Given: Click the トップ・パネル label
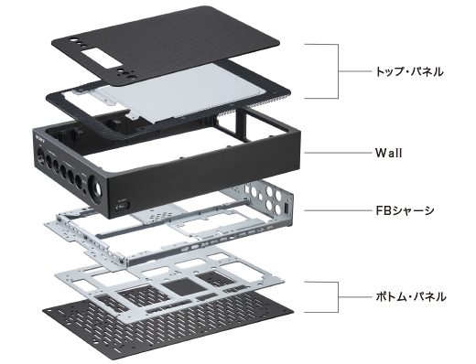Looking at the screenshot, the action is coord(409,71).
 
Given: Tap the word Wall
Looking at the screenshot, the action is coord(388,153).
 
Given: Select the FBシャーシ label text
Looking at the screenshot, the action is coord(405,210).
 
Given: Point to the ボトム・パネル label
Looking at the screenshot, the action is coord(410,296).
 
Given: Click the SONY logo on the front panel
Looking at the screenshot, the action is coord(40,137).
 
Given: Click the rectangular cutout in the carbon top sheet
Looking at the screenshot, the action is coord(102,58).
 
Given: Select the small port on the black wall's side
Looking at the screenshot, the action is coord(123,207).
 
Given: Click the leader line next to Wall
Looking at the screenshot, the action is coord(337,153).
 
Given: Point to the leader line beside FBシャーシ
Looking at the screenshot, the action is coord(337,210).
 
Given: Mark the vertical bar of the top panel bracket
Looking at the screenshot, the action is coord(338,71).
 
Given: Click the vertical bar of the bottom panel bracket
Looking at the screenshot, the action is coord(338,297).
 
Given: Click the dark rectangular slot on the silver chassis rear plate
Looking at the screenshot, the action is coord(287,209).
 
